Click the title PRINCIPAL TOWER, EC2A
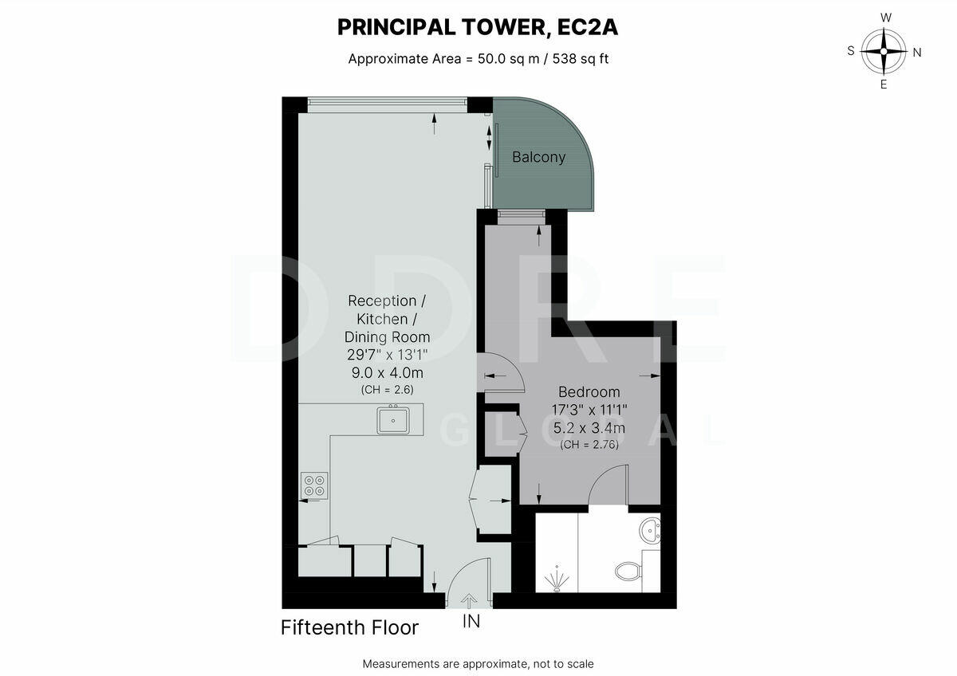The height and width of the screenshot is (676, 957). point(478,27)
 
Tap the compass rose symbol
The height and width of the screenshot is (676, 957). point(884,51)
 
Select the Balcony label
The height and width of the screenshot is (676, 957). point(538,157)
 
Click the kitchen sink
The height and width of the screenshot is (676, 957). point(393,419)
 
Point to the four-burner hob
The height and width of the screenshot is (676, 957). point(314,485)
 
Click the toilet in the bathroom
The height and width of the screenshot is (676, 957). point(629,571)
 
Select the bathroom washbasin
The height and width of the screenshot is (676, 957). point(651,529)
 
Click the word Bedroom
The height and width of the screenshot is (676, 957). point(589,392)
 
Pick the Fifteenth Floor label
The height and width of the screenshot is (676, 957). point(349,628)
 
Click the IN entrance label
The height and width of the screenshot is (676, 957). point(471,622)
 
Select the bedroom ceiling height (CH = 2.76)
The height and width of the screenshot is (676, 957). point(589,445)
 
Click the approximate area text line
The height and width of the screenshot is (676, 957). point(478,58)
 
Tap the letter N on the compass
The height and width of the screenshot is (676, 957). point(916,53)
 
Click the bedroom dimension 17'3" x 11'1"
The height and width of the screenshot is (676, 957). point(589,410)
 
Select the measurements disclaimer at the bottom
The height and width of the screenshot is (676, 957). point(478,663)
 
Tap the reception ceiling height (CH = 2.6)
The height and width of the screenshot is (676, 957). point(387,390)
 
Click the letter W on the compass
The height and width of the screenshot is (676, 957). point(885,18)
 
